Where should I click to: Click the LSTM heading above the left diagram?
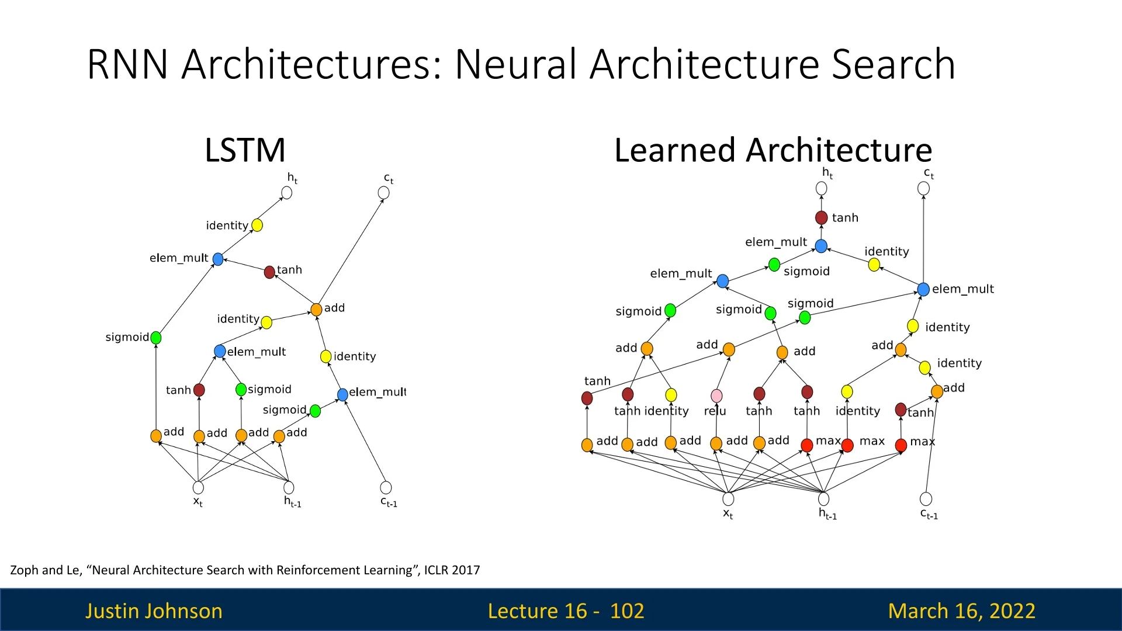pyautogui.click(x=245, y=150)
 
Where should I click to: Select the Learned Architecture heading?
pyautogui.click(x=773, y=150)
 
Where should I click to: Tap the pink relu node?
pyautogui.click(x=716, y=396)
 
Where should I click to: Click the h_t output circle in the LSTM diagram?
pyautogui.click(x=286, y=193)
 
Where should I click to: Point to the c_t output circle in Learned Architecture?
pyautogui.click(x=923, y=189)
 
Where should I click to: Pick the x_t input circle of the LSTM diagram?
pyautogui.click(x=198, y=487)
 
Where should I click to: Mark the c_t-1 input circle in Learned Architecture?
pyautogui.click(x=926, y=499)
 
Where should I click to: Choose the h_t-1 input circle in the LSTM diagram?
pyautogui.click(x=289, y=487)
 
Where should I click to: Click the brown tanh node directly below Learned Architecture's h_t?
pyautogui.click(x=821, y=218)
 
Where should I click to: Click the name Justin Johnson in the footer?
pyautogui.click(x=154, y=611)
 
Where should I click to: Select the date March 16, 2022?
pyautogui.click(x=961, y=611)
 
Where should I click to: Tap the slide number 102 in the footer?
pyautogui.click(x=626, y=611)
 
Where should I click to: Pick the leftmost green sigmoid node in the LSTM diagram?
pyautogui.click(x=156, y=338)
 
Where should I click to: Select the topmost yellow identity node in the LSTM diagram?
pyautogui.click(x=257, y=226)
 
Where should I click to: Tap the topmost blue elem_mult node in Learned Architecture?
pyautogui.click(x=821, y=247)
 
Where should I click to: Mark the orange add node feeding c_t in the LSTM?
pyautogui.click(x=316, y=309)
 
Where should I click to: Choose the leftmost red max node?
pyautogui.click(x=807, y=445)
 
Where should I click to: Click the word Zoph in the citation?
pyautogui.click(x=24, y=570)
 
